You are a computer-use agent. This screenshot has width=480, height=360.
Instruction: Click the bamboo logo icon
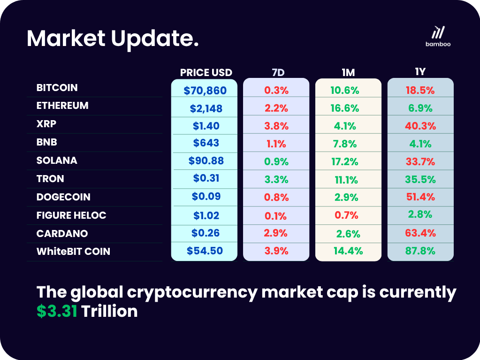click(x=438, y=32)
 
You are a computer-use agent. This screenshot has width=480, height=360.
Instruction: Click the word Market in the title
click(x=66, y=38)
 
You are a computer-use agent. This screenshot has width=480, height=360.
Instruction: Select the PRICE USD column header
click(x=206, y=72)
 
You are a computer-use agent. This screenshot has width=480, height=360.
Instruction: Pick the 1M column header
click(x=348, y=72)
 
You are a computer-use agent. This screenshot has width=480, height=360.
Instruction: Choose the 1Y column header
click(x=420, y=72)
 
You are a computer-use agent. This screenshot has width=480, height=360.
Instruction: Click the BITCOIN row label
click(x=57, y=88)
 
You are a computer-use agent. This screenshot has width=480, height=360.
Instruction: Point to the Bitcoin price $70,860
click(x=205, y=91)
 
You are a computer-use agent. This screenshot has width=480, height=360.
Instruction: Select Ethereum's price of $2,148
click(x=206, y=108)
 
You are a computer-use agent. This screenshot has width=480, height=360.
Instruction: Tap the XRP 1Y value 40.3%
click(x=420, y=126)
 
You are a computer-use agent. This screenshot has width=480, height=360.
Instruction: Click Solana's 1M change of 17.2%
click(x=348, y=161)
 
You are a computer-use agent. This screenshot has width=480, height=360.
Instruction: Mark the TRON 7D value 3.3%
click(x=276, y=179)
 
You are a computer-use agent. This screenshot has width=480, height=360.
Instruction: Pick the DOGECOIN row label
click(x=63, y=197)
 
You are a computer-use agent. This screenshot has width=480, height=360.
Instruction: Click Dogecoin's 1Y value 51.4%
click(x=420, y=197)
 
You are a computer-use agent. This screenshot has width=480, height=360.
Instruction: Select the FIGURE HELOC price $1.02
click(x=206, y=215)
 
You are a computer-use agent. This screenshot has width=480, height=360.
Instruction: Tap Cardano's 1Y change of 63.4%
click(x=420, y=233)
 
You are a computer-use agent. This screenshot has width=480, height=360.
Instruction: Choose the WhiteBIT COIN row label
click(x=73, y=252)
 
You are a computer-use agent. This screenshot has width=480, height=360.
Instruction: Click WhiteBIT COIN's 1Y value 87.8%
click(x=420, y=251)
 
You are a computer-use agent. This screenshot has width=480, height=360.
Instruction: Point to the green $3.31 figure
click(x=57, y=311)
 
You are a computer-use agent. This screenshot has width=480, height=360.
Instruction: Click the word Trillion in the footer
click(x=110, y=311)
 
